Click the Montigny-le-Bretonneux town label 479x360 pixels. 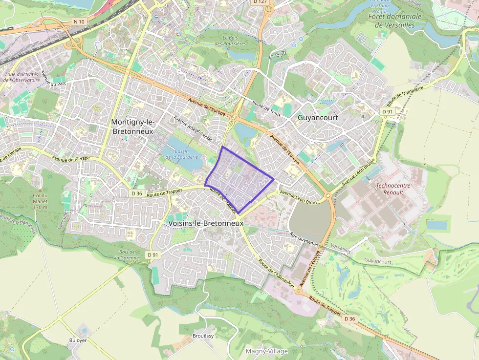click(132, 126)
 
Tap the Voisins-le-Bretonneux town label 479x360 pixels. click(205, 223)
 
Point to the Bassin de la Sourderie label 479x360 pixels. click(182, 154)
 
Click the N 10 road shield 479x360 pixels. click(78, 21)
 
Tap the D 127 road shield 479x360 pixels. click(260, 2)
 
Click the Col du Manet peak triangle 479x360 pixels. click(40, 189)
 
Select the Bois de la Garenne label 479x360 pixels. click(126, 254)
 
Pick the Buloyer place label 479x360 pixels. click(78, 340)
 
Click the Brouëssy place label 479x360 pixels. click(203, 336)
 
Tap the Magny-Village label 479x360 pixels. click(266, 351)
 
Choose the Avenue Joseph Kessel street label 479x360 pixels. click(193, 128)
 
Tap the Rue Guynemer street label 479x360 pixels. click(305, 239)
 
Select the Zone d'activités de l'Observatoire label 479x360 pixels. click(22, 77)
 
